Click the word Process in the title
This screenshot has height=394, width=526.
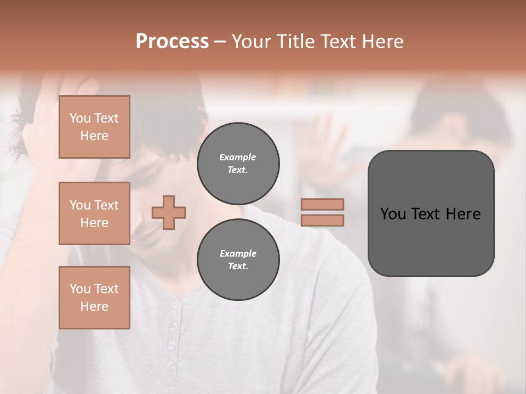point(172,42)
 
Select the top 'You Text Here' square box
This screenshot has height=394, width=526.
point(94,127)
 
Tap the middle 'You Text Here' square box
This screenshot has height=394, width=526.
point(94,213)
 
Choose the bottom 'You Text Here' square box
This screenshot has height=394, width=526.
point(94,298)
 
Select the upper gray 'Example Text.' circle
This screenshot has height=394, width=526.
point(238,164)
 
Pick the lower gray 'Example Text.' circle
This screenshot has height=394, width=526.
point(238,260)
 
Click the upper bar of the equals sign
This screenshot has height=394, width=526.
point(322,205)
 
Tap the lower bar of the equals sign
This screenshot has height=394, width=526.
point(322,221)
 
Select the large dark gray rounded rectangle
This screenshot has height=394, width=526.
point(431,213)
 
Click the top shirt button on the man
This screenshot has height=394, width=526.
point(174,326)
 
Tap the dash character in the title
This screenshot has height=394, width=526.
point(220,42)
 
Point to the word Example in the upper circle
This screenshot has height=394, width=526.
point(238,157)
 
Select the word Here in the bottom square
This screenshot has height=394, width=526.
point(94,307)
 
